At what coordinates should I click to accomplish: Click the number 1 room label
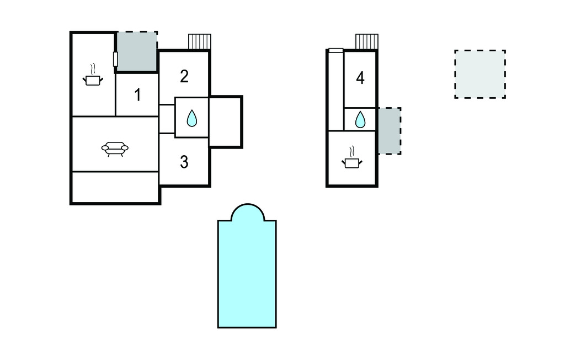coord(137,95)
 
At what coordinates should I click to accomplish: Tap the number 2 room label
coord(184,77)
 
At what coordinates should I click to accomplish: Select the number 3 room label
coord(184,162)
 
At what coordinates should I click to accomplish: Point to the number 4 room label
coord(360,78)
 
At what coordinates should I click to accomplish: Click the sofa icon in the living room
coord(115,149)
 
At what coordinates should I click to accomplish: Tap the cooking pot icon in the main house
coord(93,76)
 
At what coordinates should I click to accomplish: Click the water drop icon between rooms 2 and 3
coord(192,118)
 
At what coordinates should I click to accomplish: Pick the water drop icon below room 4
coord(360,119)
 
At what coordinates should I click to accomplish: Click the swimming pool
coord(247,274)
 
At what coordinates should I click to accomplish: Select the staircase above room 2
coord(200,41)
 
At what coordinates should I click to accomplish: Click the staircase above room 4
coord(367,41)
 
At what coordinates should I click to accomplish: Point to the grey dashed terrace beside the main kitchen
coord(137,51)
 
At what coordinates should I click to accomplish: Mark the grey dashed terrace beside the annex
coord(389,131)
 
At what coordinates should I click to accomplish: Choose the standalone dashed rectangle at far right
coord(480,75)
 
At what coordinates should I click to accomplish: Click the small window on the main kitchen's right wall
coord(116,59)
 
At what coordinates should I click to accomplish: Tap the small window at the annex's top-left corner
coord(336,50)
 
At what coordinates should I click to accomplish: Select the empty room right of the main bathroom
coord(225,121)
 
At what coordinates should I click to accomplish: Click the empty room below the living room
coord(115,187)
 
